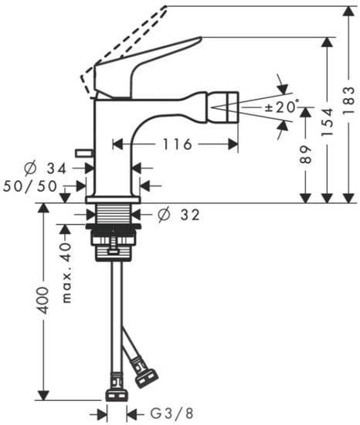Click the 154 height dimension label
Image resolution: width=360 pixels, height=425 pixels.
pyautogui.click(x=328, y=122)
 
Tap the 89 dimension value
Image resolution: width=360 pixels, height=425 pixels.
pyautogui.click(x=307, y=155)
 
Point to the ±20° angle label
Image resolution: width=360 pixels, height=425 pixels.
pyautogui.click(x=281, y=107)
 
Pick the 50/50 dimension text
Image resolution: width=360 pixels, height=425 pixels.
pyautogui.click(x=30, y=185)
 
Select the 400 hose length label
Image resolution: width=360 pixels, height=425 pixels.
pyautogui.click(x=44, y=300)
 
